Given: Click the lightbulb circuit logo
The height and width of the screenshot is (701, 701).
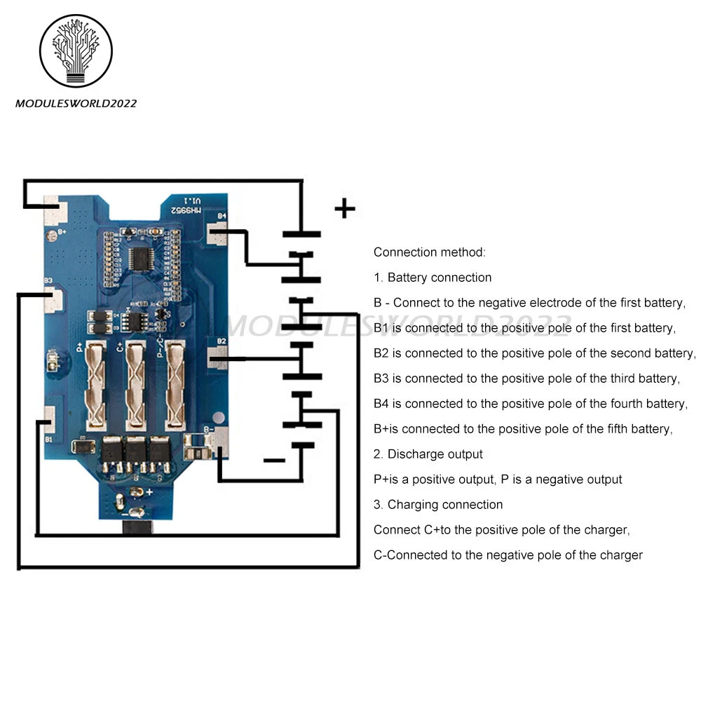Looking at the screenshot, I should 76,51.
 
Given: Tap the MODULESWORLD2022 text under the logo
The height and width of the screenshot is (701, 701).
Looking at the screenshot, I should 76,104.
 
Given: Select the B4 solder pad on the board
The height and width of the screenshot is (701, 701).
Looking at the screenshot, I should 219,233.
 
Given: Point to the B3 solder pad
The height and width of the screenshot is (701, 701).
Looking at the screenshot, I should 53,299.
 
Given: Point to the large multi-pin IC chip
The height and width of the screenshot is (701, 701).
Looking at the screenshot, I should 142,259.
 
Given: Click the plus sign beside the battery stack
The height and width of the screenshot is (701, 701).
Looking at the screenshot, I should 344,208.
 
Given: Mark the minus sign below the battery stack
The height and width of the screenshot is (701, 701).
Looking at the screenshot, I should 273,461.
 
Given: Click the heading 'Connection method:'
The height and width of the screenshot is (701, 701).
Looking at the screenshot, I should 429,252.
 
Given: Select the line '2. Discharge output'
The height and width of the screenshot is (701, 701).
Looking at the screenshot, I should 428,454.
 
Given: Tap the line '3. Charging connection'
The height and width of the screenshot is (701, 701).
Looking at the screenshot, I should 438,505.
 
